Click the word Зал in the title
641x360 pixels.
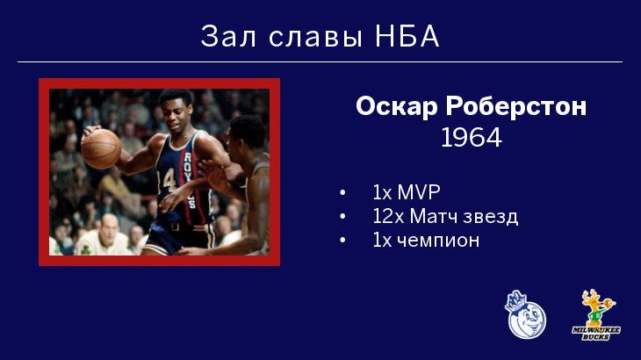(228, 36)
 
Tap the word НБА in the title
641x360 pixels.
(407, 36)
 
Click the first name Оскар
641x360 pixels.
(396, 106)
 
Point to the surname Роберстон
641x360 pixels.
(516, 106)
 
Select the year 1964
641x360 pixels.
(472, 137)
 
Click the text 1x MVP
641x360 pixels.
(407, 192)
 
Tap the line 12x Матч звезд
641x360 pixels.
(445, 216)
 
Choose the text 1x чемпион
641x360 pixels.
(426, 241)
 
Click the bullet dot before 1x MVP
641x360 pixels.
(342, 192)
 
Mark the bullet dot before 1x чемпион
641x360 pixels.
(342, 241)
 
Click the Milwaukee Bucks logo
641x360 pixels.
(596, 315)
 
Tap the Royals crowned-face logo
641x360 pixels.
(526, 314)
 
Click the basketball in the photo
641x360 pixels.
(101, 148)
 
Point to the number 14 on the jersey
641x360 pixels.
(167, 180)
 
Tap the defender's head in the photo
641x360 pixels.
(246, 138)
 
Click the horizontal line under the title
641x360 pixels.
(320, 62)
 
